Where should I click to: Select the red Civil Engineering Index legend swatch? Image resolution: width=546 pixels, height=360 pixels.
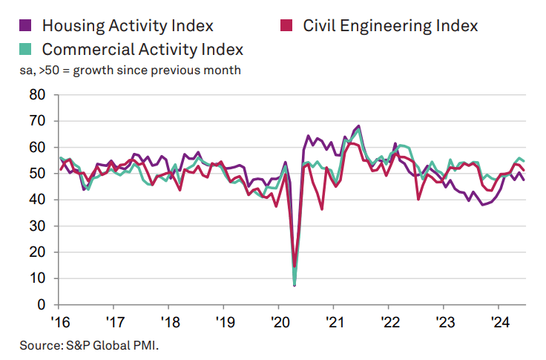click(x=290, y=25)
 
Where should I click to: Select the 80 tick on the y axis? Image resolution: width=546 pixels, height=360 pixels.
click(x=37, y=95)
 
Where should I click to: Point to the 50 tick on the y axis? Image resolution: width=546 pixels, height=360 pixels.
click(x=37, y=174)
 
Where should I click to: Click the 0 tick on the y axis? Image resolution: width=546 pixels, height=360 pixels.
click(x=42, y=304)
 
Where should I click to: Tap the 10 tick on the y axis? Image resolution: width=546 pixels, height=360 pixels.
click(x=37, y=278)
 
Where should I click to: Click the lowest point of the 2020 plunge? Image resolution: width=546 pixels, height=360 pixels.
click(x=295, y=285)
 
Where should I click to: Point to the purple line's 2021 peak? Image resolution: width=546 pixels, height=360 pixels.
click(x=359, y=126)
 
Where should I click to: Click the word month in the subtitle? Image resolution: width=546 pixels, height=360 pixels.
click(x=223, y=71)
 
